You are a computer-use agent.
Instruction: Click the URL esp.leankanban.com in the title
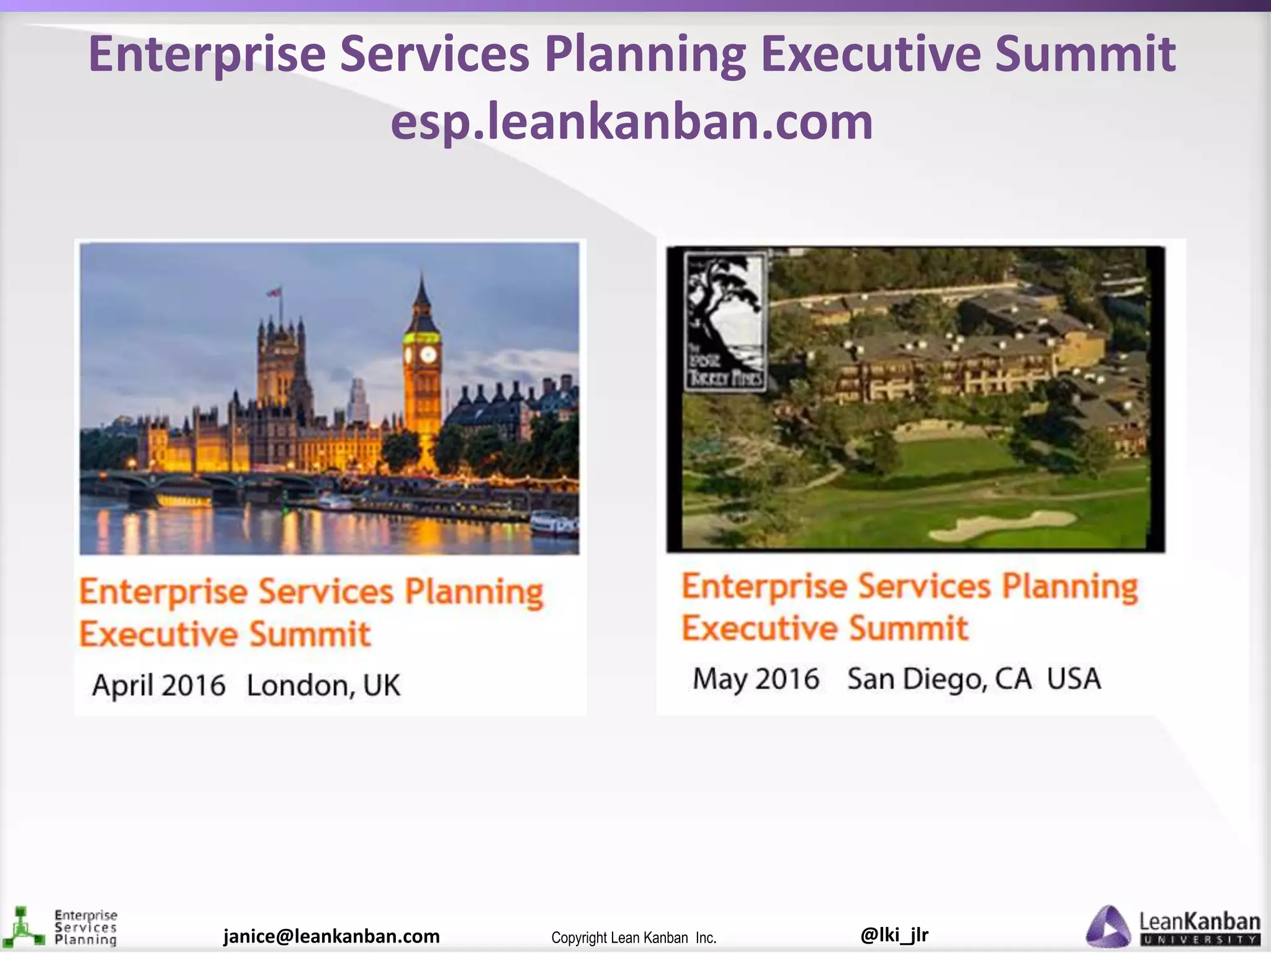(632, 122)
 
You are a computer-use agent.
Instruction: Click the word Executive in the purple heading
(870, 55)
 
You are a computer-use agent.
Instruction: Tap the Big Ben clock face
(428, 355)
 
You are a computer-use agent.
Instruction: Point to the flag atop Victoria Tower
(274, 292)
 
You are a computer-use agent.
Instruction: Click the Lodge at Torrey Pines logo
(725, 321)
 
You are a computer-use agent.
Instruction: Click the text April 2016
(159, 686)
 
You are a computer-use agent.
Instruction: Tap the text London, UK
(323, 686)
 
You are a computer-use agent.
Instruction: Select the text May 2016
(756, 679)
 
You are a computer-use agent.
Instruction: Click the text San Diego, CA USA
(974, 679)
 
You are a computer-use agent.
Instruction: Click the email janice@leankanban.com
(331, 936)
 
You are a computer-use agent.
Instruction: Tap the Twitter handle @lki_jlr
(894, 934)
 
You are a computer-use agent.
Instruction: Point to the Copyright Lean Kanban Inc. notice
(634, 937)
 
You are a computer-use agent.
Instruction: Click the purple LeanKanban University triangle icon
(1109, 928)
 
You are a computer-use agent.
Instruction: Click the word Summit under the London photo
(310, 635)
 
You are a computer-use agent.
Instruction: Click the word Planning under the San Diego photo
(1070, 586)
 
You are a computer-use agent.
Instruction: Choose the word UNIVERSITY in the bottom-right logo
(1200, 940)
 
